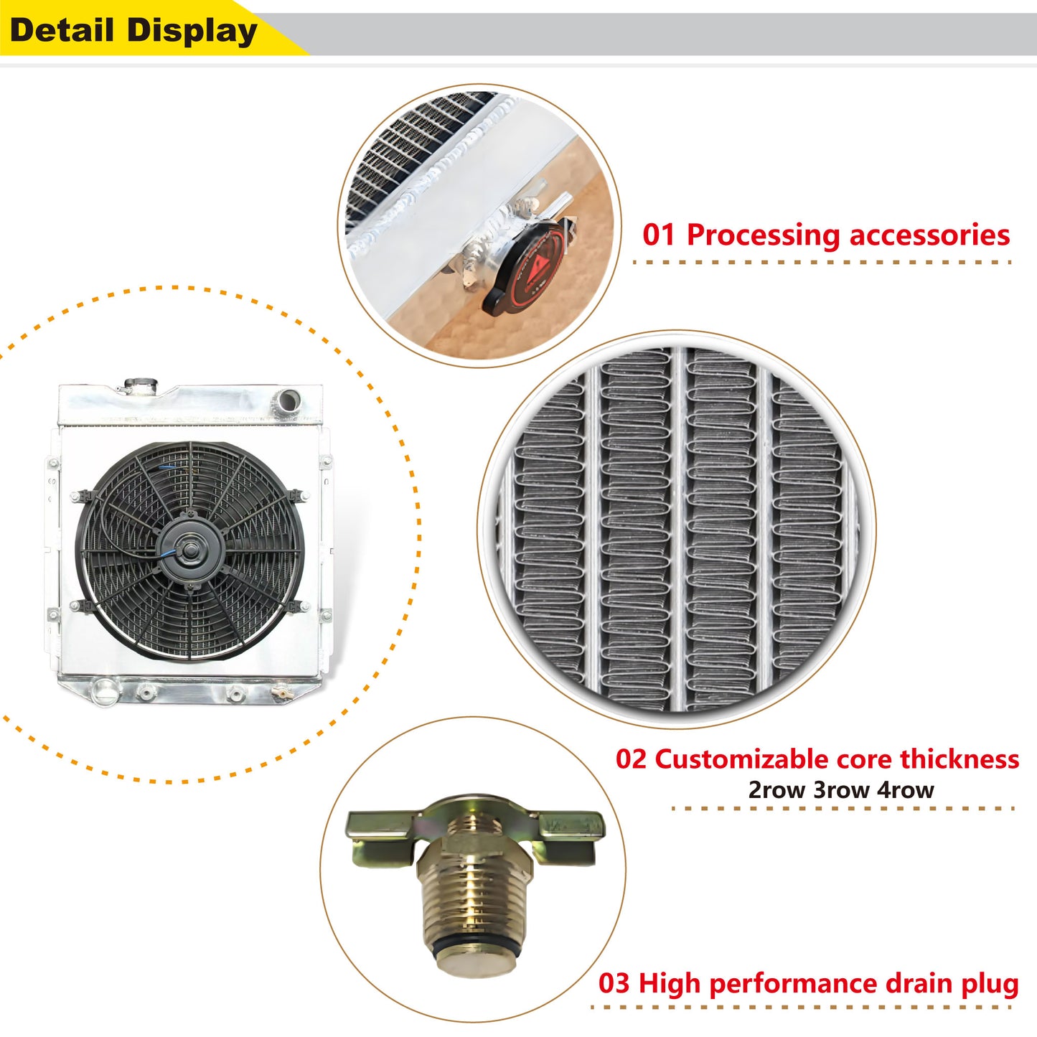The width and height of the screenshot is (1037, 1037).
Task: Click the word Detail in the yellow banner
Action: [61, 30]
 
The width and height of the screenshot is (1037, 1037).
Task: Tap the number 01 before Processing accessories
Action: [659, 235]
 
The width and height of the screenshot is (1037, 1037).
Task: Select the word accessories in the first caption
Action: [929, 235]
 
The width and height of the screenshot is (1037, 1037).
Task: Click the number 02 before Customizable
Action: [632, 759]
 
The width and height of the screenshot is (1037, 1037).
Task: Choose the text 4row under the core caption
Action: [906, 790]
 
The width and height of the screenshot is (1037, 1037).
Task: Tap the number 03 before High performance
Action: [614, 983]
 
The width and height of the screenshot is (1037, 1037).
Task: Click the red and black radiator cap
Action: [525, 268]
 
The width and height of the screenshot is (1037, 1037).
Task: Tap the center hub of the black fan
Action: [188, 550]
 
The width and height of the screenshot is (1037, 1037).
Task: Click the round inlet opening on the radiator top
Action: [288, 401]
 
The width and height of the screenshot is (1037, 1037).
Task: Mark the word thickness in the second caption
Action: [959, 759]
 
